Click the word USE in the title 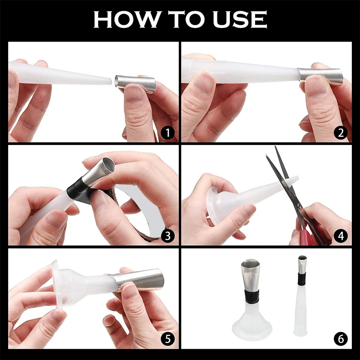point(240,19)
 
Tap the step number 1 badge point(167,133)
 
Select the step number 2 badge point(341,133)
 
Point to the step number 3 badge point(167,235)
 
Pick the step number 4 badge point(341,235)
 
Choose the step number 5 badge point(167,339)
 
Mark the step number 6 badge point(341,339)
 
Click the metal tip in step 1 point(135,84)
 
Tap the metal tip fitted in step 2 point(320,76)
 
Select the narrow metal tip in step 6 point(302,264)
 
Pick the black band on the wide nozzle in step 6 point(251,296)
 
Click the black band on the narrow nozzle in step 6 point(302,279)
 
